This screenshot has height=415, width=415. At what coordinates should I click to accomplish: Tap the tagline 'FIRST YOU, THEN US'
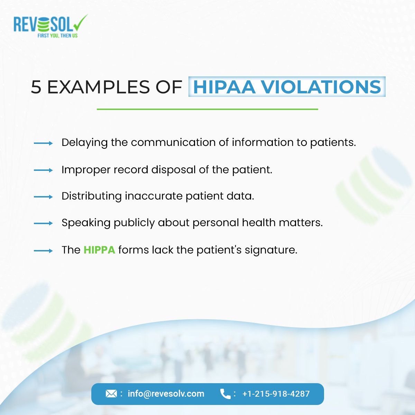coord(57,36)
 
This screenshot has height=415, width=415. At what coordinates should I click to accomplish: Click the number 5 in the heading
coord(36,87)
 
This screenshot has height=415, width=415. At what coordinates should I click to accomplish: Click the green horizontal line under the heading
coord(207,109)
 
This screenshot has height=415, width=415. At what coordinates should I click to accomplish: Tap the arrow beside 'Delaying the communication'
coord(43,143)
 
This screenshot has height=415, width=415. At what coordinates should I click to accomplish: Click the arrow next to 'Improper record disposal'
coord(43,170)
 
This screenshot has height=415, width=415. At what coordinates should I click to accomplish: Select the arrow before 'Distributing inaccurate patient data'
coord(43,197)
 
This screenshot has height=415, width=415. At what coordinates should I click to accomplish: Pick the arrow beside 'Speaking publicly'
coord(43,223)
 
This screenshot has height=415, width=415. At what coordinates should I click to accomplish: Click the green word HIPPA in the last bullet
coord(99,250)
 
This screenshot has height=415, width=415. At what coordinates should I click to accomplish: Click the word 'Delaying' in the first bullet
coord(84,142)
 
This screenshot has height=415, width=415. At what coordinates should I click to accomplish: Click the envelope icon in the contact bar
coord(111,394)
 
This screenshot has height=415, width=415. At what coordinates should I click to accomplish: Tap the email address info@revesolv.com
coord(166,394)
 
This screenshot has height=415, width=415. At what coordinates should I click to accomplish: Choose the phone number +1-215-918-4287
coord(276,394)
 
